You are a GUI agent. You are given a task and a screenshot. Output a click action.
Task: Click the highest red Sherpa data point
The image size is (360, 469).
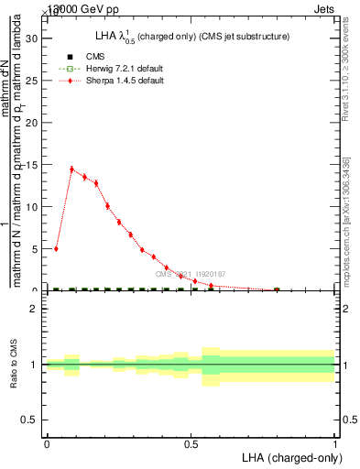71,169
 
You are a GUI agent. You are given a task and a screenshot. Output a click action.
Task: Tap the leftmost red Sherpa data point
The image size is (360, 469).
57,248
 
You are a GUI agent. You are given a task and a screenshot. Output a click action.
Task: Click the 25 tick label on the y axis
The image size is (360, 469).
36,81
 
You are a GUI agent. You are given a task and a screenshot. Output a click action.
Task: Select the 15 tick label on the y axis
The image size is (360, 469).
36,165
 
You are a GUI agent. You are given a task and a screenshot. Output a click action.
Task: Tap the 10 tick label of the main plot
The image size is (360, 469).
36,207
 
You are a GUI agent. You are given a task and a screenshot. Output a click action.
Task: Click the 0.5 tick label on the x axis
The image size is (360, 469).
191,444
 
